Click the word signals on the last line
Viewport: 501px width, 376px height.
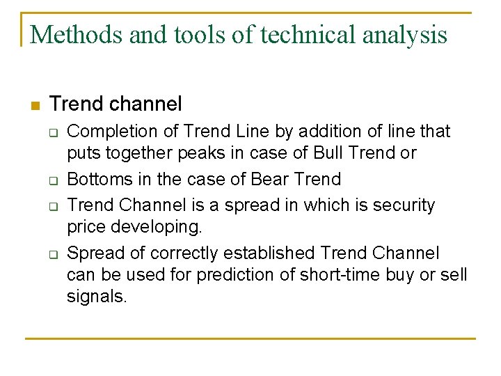97,297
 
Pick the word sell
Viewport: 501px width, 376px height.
454,274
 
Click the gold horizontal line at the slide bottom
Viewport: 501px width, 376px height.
250,339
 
